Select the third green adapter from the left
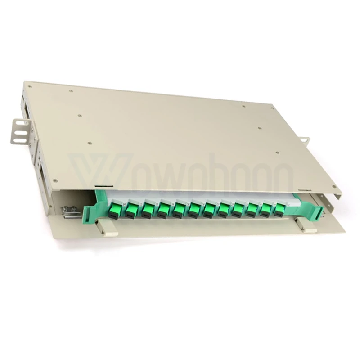coord(148,209)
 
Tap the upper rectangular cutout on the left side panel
coord(26,108)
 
